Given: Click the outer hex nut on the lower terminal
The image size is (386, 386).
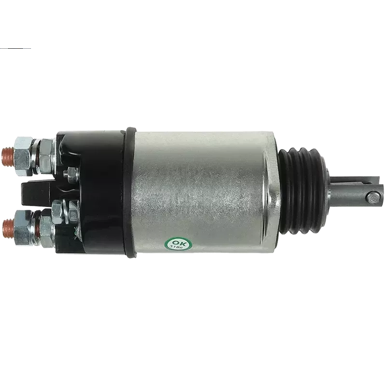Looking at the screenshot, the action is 24,228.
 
